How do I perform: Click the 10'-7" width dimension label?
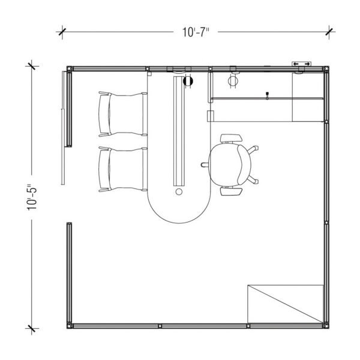pos(196,32)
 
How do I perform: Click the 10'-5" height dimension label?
pos(32,197)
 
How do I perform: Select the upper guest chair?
pos(123,114)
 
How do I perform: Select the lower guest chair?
pos(123,169)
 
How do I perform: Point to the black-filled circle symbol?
pos(188,81)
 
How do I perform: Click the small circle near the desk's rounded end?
pos(179,191)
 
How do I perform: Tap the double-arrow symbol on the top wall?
pos(301,64)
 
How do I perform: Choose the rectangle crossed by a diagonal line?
pos(286,304)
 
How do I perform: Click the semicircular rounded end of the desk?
pos(179,223)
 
